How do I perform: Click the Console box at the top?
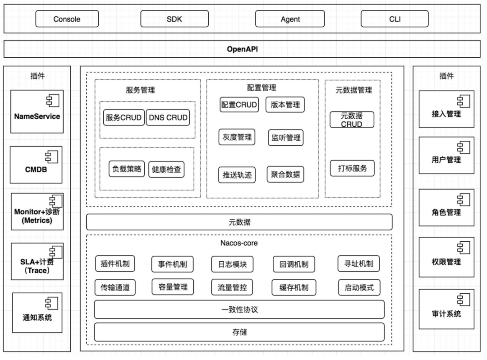(x=67, y=19)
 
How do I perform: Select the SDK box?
(x=175, y=19)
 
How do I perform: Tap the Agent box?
(x=289, y=19)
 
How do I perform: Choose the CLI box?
(x=395, y=19)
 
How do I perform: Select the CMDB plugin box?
(x=37, y=165)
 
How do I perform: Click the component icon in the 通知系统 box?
(x=51, y=303)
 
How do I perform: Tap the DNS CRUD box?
(x=167, y=118)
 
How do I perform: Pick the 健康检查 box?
(x=166, y=170)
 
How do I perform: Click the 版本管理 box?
(x=285, y=105)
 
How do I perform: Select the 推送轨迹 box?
(x=237, y=175)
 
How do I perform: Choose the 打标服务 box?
(x=352, y=169)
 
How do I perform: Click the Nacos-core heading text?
(x=239, y=243)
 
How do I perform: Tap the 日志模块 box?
(x=232, y=264)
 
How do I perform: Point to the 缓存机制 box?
(x=294, y=287)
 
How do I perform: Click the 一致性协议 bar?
(x=239, y=310)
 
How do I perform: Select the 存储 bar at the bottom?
(x=239, y=332)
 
